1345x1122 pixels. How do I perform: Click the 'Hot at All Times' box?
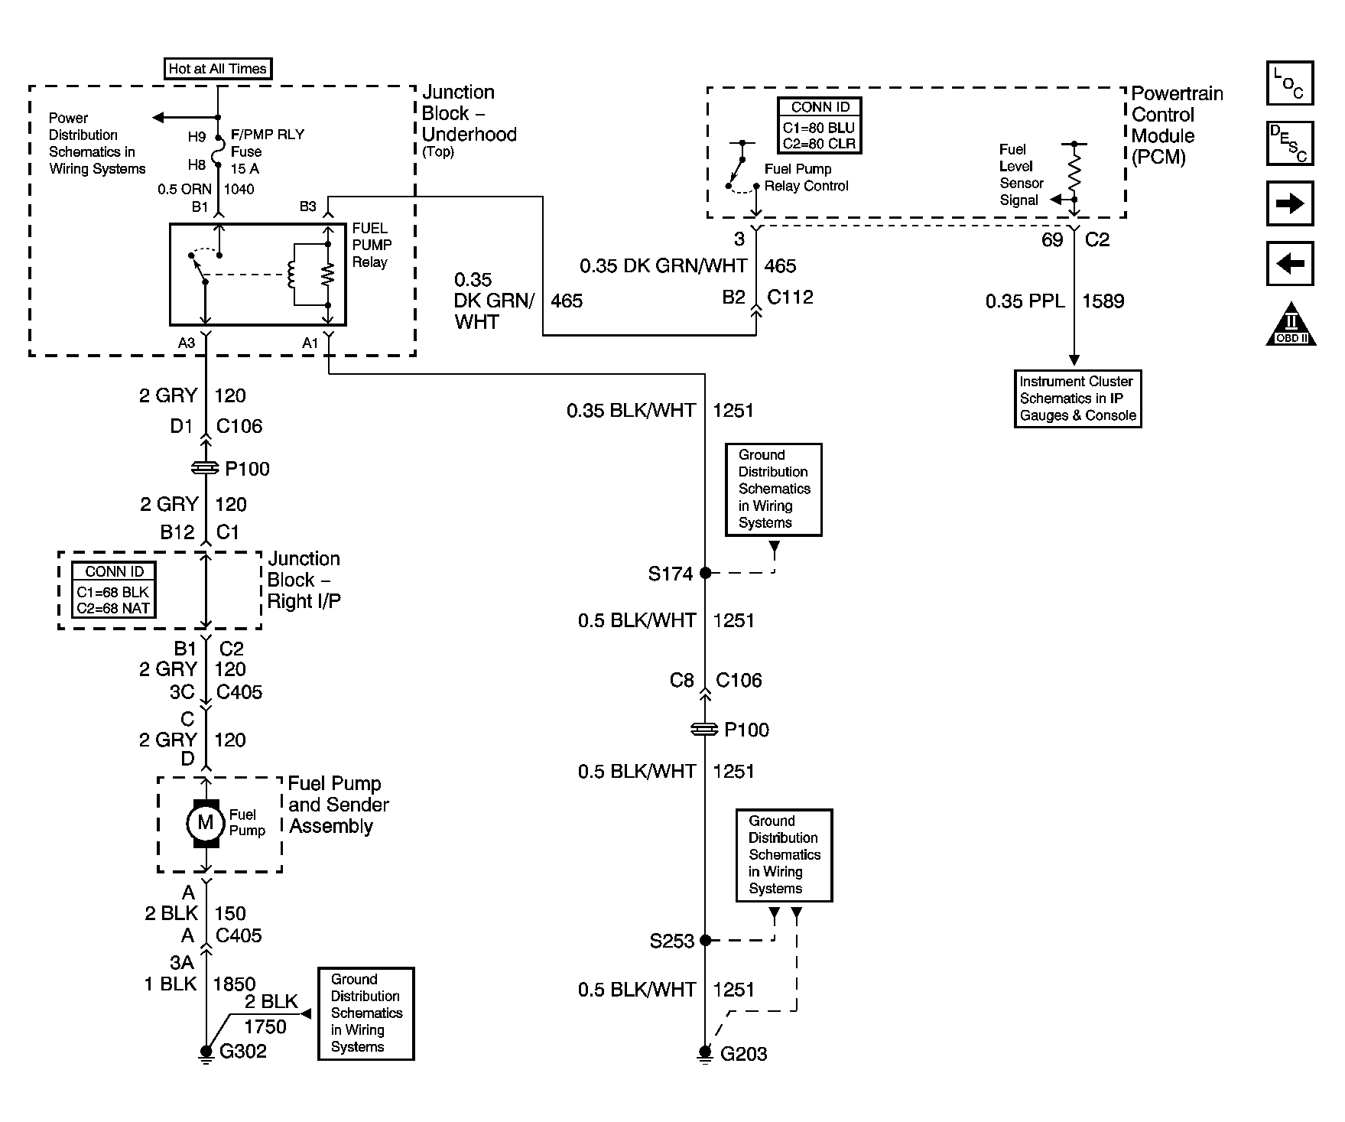click(x=218, y=69)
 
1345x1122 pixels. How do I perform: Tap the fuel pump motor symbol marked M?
click(x=205, y=823)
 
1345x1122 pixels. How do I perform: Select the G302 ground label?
click(x=243, y=1052)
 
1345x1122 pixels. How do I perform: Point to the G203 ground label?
click(x=744, y=1054)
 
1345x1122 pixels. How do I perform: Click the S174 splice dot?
click(x=705, y=572)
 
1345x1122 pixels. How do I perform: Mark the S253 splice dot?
click(x=705, y=940)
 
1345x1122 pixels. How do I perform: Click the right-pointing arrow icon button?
click(x=1290, y=203)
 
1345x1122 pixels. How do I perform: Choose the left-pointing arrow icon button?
click(x=1290, y=264)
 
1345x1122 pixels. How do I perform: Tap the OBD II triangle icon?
click(x=1291, y=324)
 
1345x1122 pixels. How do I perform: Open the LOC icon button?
click(x=1290, y=83)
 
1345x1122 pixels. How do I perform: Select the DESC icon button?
click(x=1290, y=143)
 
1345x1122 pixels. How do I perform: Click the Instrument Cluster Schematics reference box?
click(x=1078, y=398)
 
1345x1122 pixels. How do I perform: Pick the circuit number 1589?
click(x=1103, y=301)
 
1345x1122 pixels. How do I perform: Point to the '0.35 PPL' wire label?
click(x=1025, y=301)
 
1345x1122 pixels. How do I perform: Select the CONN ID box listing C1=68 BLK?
click(x=114, y=590)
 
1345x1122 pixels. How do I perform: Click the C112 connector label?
click(x=790, y=297)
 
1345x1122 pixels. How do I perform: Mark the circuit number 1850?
click(x=234, y=984)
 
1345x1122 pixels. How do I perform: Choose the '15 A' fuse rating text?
click(x=245, y=169)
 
